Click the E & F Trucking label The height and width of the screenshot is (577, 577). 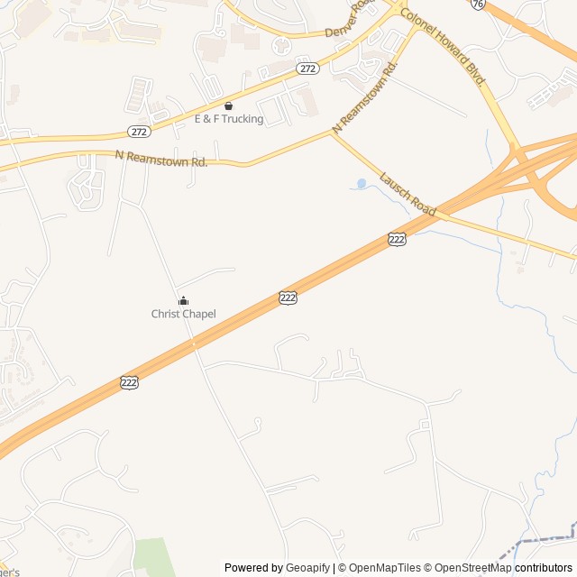[229, 119]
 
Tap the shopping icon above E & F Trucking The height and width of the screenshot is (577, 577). [228, 105]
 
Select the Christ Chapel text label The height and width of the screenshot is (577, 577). [183, 314]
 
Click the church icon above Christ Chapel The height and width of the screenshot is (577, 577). [183, 300]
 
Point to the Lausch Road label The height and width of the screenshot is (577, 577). [408, 192]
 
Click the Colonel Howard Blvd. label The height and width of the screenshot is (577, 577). [443, 47]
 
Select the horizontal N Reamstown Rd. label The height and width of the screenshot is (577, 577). [161, 159]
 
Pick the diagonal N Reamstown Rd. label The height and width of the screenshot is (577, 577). [365, 97]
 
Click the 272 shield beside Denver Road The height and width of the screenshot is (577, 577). [307, 69]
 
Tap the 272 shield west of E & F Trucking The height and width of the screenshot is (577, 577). [138, 131]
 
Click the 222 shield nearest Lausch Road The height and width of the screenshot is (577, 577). [397, 239]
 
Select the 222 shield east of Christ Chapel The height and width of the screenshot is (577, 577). [288, 298]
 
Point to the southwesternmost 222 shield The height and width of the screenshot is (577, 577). [129, 383]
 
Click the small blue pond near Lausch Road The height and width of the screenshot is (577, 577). [362, 184]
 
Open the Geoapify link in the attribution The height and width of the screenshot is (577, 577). [307, 568]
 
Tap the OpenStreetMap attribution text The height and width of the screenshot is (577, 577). [469, 568]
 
